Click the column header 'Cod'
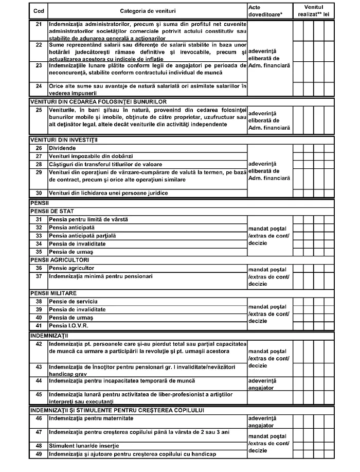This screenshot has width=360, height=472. point(38,11)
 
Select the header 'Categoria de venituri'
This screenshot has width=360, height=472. point(147,11)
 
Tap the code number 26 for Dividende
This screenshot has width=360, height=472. point(38,148)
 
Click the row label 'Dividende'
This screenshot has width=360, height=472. point(63,148)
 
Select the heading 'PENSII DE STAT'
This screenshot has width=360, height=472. point(52,212)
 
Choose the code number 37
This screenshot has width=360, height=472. point(38,276)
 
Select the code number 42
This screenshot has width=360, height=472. point(38,343)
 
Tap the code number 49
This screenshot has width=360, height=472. point(38,453)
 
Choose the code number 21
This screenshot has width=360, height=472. point(38,24)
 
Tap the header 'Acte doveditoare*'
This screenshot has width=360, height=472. point(261,11)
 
